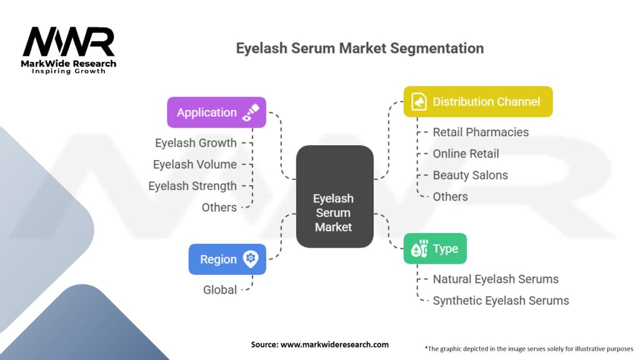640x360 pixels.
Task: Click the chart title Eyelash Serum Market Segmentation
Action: click(359, 48)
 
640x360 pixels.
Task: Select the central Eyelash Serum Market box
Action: click(334, 196)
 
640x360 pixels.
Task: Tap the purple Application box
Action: click(216, 112)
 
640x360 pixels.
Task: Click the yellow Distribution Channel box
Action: click(477, 101)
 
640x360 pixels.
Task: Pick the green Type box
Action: click(434, 249)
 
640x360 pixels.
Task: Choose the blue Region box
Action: click(227, 259)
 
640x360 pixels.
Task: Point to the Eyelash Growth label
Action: click(196, 143)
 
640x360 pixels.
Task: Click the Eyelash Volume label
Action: click(195, 164)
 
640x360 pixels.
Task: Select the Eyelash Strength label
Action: click(192, 186)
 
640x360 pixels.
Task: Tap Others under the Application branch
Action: click(219, 207)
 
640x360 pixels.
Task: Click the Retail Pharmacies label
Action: click(481, 132)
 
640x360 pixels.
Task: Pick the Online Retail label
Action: click(466, 154)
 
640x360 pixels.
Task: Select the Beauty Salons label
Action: click(470, 175)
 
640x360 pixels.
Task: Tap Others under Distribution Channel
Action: click(450, 197)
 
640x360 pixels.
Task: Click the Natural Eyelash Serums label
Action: click(496, 279)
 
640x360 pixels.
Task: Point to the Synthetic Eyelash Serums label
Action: click(501, 301)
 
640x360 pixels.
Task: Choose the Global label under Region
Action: click(220, 290)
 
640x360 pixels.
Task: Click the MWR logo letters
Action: click(69, 42)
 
